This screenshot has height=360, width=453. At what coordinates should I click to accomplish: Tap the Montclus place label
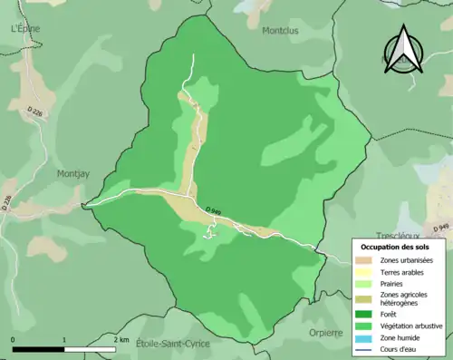[279, 30]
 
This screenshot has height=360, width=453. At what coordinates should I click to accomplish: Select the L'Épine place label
[26, 28]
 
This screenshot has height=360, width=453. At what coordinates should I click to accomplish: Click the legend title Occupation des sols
[395, 247]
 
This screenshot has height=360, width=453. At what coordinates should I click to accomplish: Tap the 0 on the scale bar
[14, 340]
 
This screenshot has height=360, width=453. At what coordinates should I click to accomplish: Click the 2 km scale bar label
[120, 340]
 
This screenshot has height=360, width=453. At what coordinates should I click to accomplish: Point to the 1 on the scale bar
[64, 340]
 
